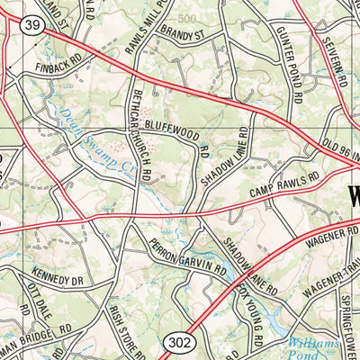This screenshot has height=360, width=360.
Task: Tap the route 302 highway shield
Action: click(x=175, y=341)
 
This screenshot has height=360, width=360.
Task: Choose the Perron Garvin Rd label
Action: click(x=186, y=257)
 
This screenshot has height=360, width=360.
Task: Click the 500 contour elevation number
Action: click(x=186, y=18)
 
